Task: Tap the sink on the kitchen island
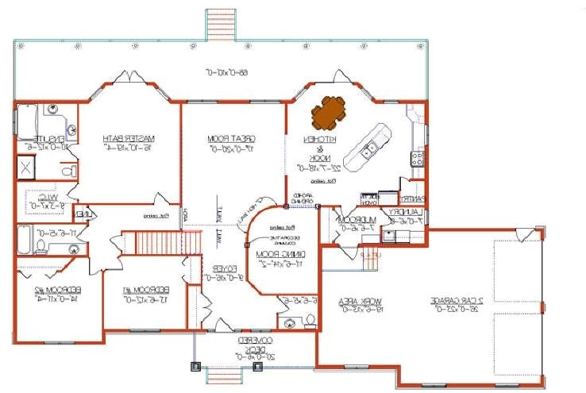click(x=370, y=148)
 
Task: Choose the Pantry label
click(x=413, y=199)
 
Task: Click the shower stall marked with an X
click(x=25, y=168)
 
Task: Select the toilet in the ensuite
click(x=70, y=170)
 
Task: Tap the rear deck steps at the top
click(x=222, y=24)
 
